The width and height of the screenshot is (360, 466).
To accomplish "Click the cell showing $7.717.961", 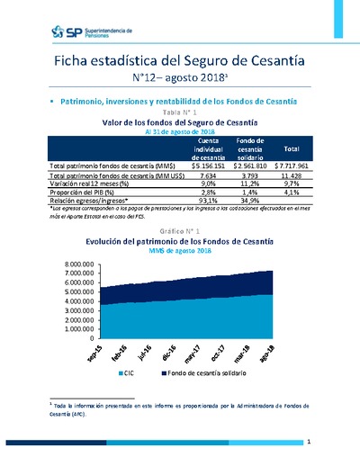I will click(291, 166).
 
